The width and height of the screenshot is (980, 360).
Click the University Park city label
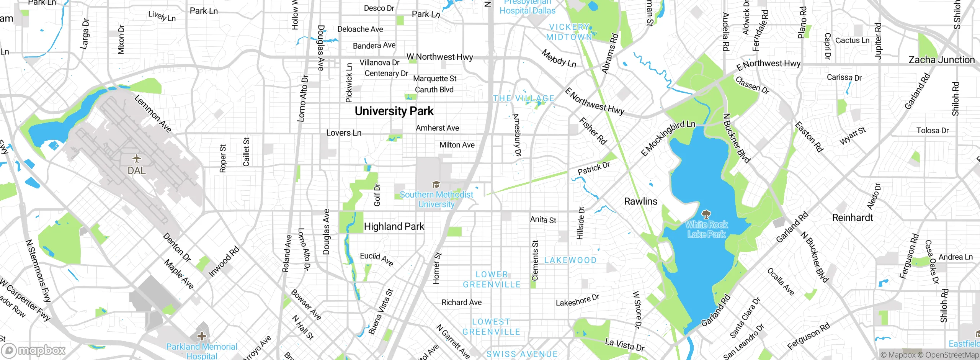coord(394,111)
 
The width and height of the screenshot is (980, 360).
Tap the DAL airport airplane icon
coord(137,159)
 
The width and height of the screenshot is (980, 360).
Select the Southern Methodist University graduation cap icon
coord(436,185)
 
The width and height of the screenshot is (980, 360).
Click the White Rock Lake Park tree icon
coord(706,214)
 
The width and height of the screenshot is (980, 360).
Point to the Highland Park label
coord(394,226)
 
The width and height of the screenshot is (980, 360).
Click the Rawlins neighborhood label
coord(640,201)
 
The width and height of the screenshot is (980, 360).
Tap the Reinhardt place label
coord(853,218)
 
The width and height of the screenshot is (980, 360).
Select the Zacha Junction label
coord(941,60)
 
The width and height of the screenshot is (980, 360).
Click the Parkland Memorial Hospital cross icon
coord(201,336)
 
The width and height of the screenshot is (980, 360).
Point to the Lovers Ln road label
coord(343,133)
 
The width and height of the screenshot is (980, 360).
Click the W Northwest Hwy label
coord(439,57)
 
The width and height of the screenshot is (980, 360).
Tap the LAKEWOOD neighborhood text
coord(570,260)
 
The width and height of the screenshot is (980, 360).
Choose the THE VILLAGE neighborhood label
coord(523,98)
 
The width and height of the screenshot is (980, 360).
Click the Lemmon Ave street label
coord(153,114)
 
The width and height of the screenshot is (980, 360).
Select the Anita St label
coord(543,219)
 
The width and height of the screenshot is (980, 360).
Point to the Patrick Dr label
coord(593,169)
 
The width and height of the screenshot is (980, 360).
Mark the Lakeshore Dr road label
coord(577,300)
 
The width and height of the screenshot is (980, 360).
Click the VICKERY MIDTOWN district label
coord(570,32)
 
